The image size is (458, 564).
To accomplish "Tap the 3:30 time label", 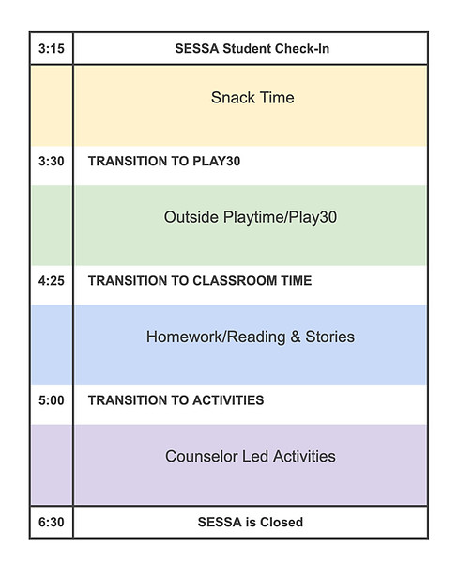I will (x=52, y=161).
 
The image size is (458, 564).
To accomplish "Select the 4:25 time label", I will (x=52, y=280).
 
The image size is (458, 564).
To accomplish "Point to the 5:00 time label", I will (x=52, y=399).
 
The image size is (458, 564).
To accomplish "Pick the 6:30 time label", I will (x=52, y=522).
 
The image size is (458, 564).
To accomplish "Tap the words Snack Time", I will (x=252, y=97).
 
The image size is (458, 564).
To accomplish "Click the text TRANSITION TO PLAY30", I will (x=164, y=161).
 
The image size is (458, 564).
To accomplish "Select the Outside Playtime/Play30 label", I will (x=250, y=217).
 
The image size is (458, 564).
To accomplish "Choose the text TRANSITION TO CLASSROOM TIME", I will (x=200, y=280).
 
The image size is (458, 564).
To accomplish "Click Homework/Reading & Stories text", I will (x=250, y=337).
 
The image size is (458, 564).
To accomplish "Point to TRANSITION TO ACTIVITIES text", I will (x=176, y=399).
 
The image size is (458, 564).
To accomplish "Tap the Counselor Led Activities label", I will (x=250, y=457).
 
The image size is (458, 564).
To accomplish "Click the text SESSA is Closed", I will (x=250, y=522).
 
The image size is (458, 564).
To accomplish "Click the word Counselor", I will (x=198, y=457).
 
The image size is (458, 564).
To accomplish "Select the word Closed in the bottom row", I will (x=282, y=522).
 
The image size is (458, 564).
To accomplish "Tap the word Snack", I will (x=230, y=97).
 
